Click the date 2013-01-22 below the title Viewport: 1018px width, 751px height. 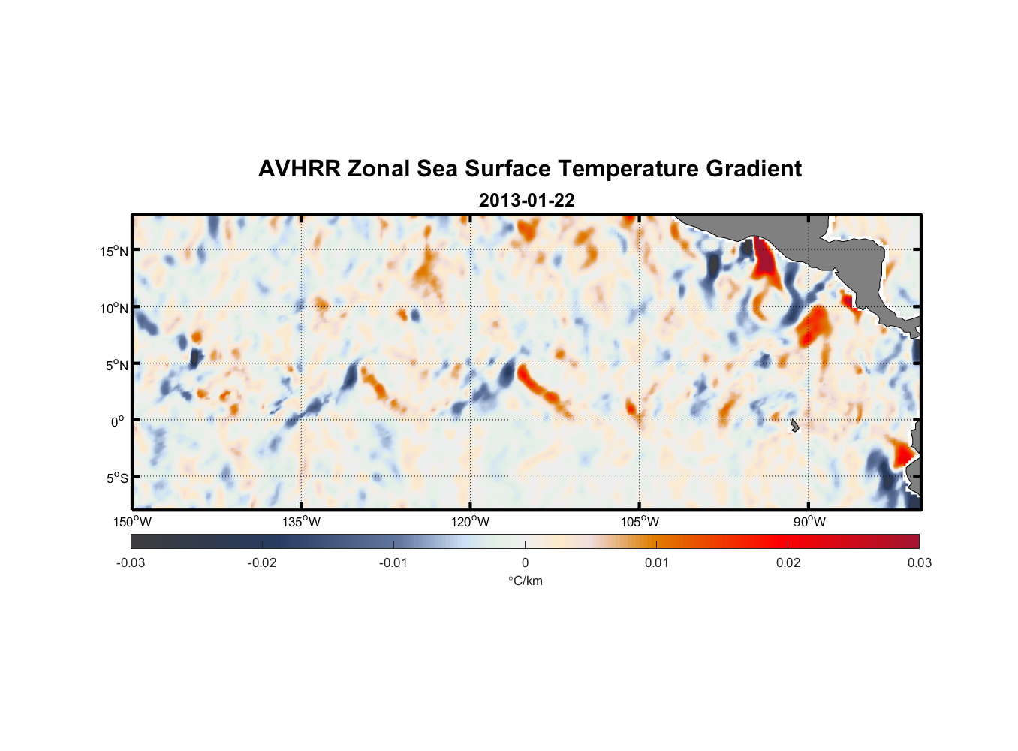tap(526, 201)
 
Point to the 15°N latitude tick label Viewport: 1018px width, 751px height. tap(114, 251)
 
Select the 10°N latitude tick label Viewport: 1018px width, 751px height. tap(114, 308)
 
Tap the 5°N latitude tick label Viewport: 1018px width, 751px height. tap(116, 365)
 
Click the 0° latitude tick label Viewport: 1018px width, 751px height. tap(118, 422)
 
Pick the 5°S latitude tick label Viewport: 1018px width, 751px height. tap(116, 478)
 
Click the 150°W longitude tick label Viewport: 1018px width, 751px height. tap(132, 522)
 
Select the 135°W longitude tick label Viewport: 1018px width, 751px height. tap(301, 522)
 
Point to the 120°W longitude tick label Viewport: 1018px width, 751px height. tap(470, 522)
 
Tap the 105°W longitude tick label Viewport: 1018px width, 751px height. tap(640, 522)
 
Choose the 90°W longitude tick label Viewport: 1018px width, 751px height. tap(809, 522)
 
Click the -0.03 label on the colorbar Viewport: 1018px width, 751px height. tap(131, 563)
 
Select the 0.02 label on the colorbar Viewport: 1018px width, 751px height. tap(788, 563)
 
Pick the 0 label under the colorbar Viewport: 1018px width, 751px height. tap(525, 563)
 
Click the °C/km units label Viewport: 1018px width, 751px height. tap(525, 581)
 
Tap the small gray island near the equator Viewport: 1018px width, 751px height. tap(794, 426)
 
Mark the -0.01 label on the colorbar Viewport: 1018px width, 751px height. tap(393, 563)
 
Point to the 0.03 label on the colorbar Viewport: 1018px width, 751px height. tap(919, 563)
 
